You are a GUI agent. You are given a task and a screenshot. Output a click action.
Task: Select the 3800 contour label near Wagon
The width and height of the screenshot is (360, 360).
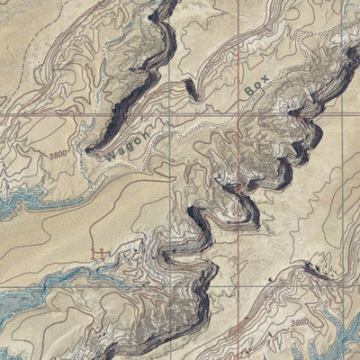click(59, 154)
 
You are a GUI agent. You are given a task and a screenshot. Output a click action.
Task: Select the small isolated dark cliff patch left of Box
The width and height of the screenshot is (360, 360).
click(191, 89)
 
